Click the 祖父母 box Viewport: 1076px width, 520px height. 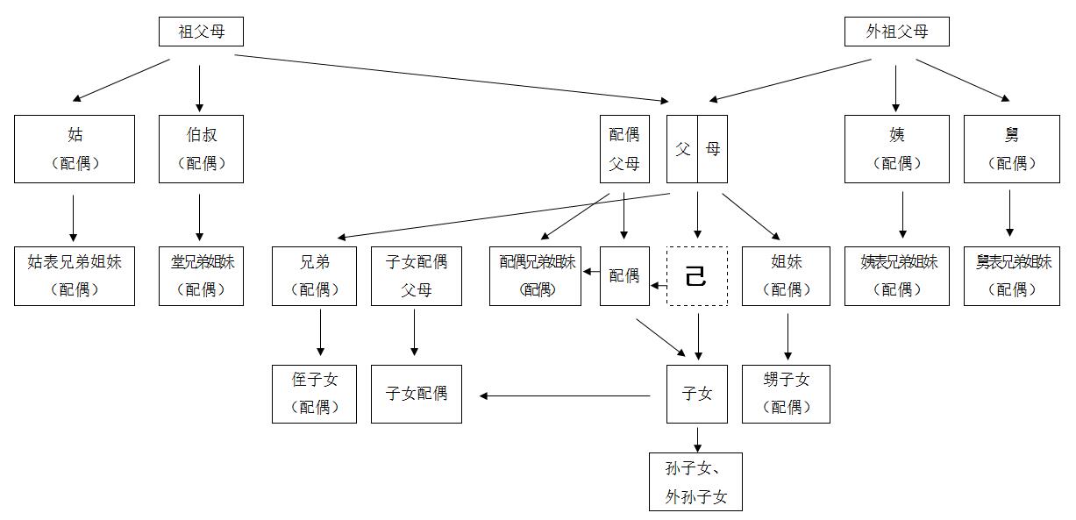point(201,32)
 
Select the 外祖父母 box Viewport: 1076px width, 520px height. point(896,32)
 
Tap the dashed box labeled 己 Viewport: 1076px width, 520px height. point(697,276)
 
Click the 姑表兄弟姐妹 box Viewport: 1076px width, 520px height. point(75,275)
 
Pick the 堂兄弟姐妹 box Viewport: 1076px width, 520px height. point(201,275)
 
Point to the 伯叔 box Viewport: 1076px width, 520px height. point(201,148)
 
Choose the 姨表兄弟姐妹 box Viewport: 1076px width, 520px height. point(896,275)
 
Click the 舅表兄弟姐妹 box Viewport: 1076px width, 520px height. point(1013,275)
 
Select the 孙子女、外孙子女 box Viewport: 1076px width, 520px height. point(696,482)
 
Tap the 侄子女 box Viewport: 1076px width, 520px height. point(314,394)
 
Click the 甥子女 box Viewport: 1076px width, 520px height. point(786,394)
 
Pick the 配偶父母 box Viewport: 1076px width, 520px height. point(624,148)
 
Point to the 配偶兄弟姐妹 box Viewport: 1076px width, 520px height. point(535,275)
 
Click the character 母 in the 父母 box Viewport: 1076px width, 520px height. point(712,149)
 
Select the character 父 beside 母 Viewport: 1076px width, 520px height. point(682,149)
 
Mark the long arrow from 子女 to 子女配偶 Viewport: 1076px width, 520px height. point(566,395)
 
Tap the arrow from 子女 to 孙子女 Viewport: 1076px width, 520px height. point(697,438)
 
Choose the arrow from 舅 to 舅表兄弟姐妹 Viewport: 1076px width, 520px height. point(1009,213)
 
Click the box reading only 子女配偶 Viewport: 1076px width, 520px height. point(416,394)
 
